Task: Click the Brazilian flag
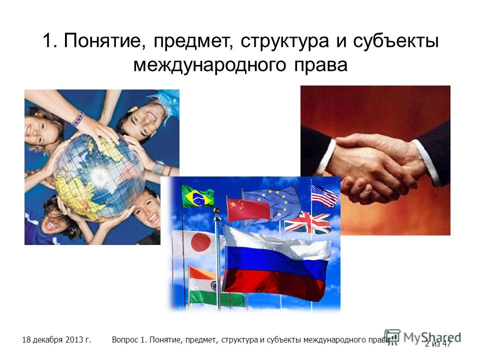[x=197, y=196]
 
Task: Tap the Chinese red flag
[x=248, y=209]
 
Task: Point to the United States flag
[x=324, y=195]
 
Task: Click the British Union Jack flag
[x=307, y=222]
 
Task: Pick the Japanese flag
[x=197, y=244]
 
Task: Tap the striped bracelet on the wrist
[x=78, y=119]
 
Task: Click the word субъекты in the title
[x=396, y=40]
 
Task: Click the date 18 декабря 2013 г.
[x=56, y=340]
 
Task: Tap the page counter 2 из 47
[x=438, y=344]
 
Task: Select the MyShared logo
[x=422, y=337]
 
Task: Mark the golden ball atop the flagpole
[x=216, y=210]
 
